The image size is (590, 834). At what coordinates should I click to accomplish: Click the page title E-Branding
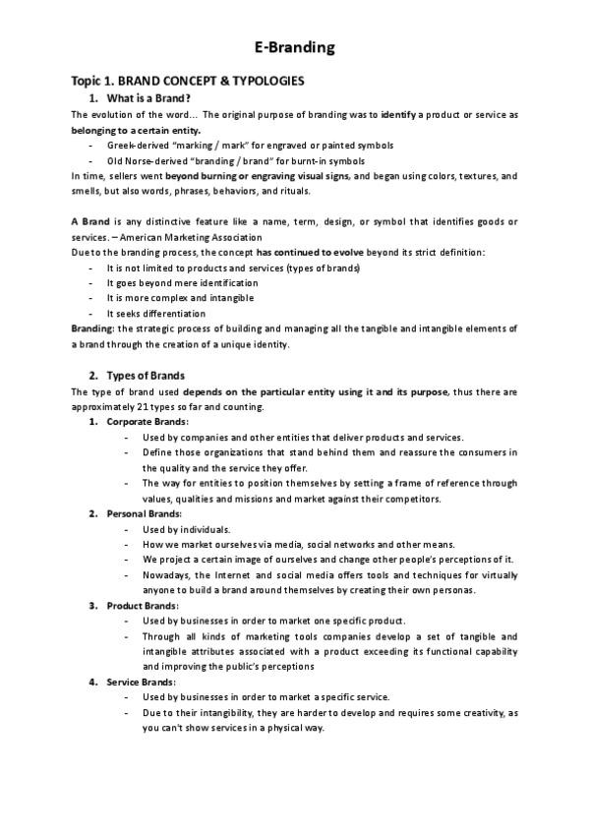pyautogui.click(x=294, y=46)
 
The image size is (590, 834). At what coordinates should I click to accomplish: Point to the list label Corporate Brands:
pyautogui.click(x=147, y=422)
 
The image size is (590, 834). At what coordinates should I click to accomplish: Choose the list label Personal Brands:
pyautogui.click(x=145, y=513)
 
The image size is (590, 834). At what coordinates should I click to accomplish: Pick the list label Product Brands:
pyautogui.click(x=144, y=605)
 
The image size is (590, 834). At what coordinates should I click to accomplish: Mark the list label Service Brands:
pyautogui.click(x=143, y=682)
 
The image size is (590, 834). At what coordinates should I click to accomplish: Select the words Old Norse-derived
pyautogui.click(x=145, y=160)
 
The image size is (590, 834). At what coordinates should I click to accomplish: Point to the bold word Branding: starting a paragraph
pyautogui.click(x=92, y=328)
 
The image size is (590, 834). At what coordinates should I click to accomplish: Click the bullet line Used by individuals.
pyautogui.click(x=187, y=528)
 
